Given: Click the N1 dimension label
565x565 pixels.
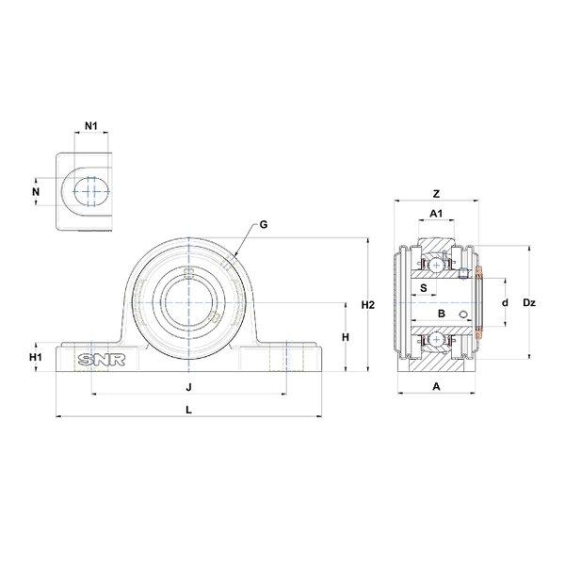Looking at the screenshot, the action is pos(91,126).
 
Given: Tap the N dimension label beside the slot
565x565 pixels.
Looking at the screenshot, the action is pos(36,192).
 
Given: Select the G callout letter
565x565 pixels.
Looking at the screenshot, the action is pos(264,224).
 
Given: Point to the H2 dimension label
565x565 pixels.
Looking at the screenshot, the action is pos(368,305).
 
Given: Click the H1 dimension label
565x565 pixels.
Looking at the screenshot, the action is pos(36,357).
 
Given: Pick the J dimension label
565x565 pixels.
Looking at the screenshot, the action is pos(188,387).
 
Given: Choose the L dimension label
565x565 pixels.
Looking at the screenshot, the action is pos(188,410).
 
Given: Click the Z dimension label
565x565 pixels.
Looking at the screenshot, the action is pos(436,194).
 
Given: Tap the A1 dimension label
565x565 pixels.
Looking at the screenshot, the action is pos(436,214).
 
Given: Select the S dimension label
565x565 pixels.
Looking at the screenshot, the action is pos(424,287).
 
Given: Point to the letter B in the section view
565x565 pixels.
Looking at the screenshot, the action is pos(442,314).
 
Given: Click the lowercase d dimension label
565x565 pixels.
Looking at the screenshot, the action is pos(505,302).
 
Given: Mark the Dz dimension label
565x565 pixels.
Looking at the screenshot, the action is pos(529,303).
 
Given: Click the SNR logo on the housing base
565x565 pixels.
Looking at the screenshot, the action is pos(102,360).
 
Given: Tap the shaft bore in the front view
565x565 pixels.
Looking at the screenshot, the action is pos(188,302).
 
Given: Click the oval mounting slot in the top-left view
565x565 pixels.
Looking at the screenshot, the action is pos(91,191).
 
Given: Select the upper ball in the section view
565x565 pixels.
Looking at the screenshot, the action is pos(437,266).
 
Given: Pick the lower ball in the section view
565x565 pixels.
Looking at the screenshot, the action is pos(437,339).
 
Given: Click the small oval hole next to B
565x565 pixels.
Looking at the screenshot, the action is pos(464,315).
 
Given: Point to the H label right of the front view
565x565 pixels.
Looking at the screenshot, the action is pos(346,337).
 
